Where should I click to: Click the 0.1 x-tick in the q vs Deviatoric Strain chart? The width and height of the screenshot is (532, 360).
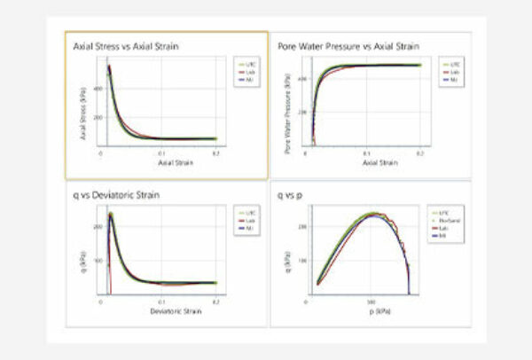[161, 303]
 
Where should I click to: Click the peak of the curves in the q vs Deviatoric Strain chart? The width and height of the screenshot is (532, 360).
[111, 214]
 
